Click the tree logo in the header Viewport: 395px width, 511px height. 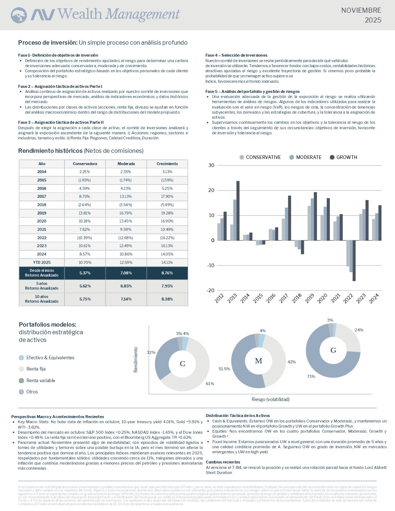pos(19,16)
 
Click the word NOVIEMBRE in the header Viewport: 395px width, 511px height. pos(361,11)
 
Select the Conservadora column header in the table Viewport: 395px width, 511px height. pos(85,164)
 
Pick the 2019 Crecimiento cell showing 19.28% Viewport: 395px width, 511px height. pos(167,213)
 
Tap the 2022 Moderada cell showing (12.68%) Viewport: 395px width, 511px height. pos(126,238)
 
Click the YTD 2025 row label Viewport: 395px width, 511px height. pos(41,262)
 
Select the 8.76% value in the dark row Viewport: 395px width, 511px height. pos(167,273)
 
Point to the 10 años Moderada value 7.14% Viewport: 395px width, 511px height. pos(126,299)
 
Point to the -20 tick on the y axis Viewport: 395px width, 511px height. pos(211,290)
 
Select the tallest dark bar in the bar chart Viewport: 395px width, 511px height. pos(238,210)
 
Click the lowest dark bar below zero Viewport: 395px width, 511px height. pos(354,261)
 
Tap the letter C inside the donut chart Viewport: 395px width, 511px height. pos(183,364)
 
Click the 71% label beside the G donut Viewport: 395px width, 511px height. pos(311,376)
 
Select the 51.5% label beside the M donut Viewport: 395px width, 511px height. pos(224,369)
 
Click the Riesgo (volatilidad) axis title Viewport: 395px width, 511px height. pos(270,400)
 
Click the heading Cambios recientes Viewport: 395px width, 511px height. pos(223,462)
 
